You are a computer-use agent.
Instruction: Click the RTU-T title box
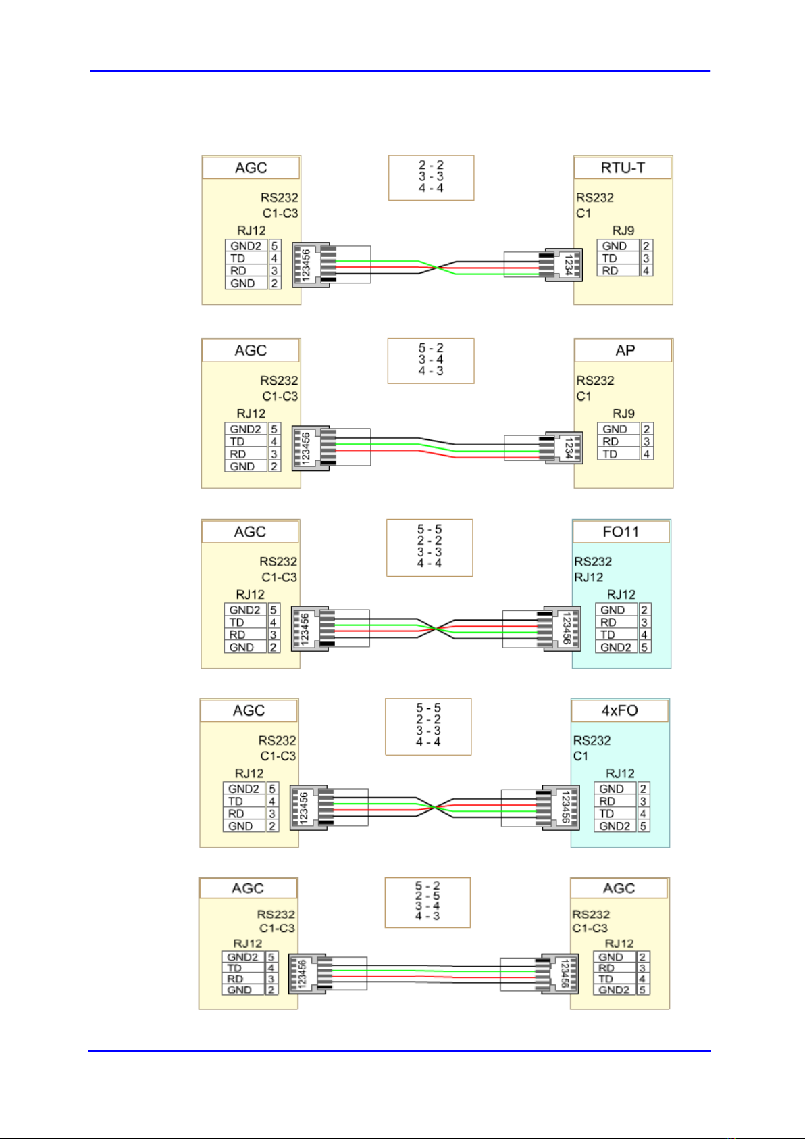tap(623, 168)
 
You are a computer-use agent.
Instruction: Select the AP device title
tap(624, 350)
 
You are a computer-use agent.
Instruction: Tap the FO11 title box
tap(621, 532)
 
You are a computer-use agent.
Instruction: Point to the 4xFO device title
tap(619, 710)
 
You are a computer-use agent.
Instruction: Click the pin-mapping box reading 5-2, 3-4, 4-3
tap(431, 360)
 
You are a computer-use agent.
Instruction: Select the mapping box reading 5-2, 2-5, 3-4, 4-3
tap(427, 902)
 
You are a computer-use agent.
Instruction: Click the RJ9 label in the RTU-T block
tap(623, 231)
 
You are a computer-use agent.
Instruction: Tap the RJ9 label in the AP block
tap(623, 413)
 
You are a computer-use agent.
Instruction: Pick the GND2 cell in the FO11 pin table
tap(615, 647)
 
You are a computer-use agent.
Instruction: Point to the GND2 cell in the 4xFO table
tap(615, 826)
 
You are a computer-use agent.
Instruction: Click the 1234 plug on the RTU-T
tap(563, 264)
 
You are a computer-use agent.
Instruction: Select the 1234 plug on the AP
tap(563, 447)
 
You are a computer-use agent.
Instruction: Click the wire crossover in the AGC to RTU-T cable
tap(438, 268)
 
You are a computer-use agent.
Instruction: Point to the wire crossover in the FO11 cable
tap(436, 629)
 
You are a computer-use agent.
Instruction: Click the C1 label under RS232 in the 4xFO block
tap(581, 756)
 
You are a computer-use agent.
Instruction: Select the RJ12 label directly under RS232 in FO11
tap(588, 577)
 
